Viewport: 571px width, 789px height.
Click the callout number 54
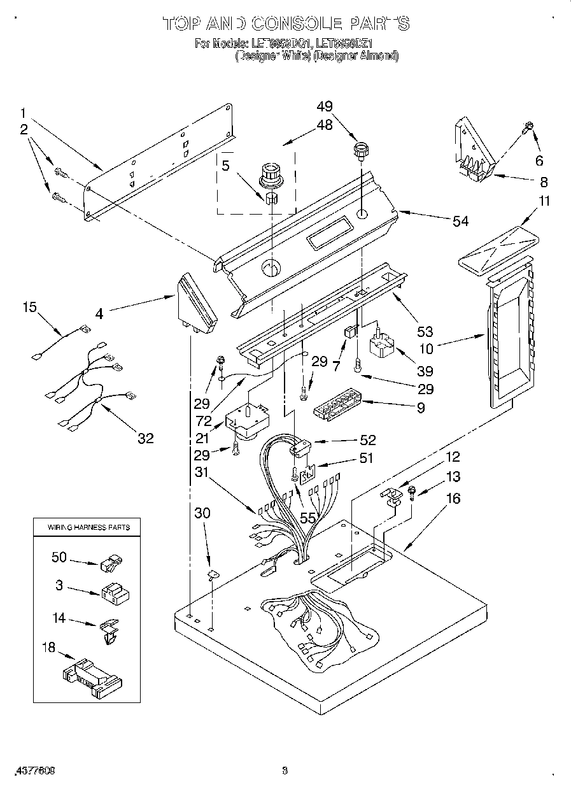click(x=460, y=221)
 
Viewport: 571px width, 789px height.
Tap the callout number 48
click(x=325, y=125)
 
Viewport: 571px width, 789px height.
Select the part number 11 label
click(x=545, y=202)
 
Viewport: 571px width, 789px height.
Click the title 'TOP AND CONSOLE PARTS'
click(x=285, y=24)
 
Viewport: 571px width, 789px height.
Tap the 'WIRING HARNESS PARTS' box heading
click(x=88, y=527)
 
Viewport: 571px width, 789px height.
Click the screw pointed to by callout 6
click(x=528, y=127)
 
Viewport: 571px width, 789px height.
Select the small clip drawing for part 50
click(x=111, y=561)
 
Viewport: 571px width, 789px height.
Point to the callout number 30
click(x=202, y=513)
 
